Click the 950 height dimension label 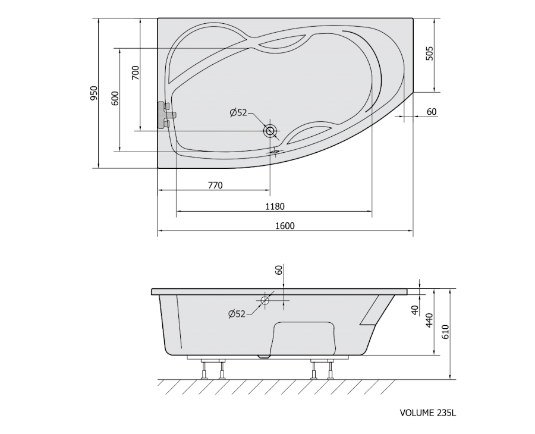point(94,93)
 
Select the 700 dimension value point(136,73)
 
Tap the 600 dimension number point(115,98)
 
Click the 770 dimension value point(215,185)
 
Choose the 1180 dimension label point(275,206)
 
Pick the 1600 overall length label point(285,225)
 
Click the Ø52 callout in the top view point(238,112)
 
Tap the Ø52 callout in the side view point(237,313)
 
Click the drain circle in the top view point(270,131)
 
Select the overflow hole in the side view point(265,301)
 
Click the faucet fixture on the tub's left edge point(166,115)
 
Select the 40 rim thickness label point(415,310)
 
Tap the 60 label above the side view point(279,270)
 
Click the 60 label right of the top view point(432,112)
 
